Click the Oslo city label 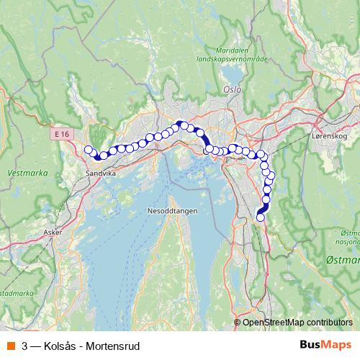[231, 90]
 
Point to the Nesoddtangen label [169, 210]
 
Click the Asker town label [53, 233]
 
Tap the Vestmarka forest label [22, 173]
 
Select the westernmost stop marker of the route [89, 150]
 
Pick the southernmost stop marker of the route [261, 217]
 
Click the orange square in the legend [10, 345]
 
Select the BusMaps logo [326, 345]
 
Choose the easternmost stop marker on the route [271, 176]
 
